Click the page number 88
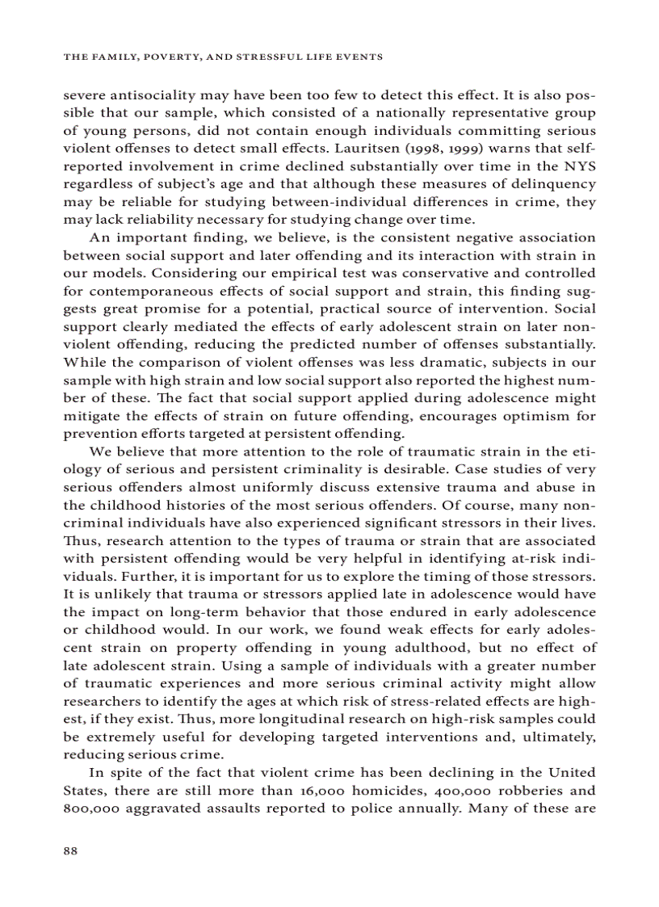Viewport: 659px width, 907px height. tap(69, 850)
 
